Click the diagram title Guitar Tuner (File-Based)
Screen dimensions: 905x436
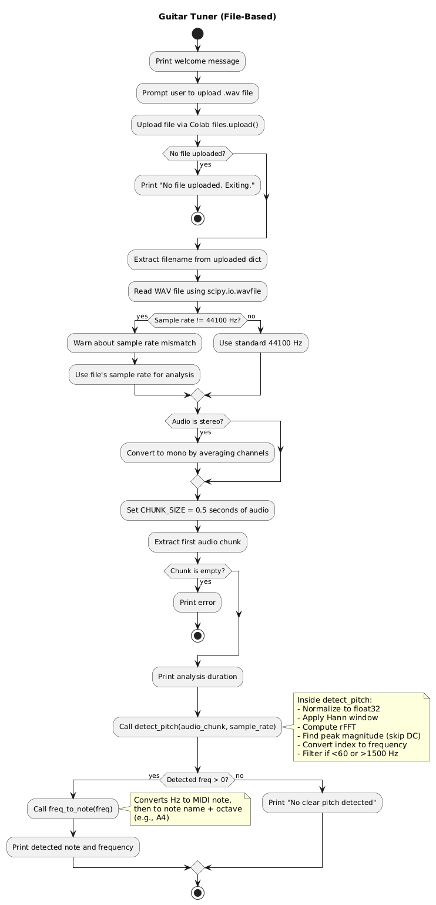tap(217, 16)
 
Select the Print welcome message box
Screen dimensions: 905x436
tap(197, 61)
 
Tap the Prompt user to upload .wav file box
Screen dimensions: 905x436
tap(197, 93)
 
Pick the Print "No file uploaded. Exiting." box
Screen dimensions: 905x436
tap(197, 185)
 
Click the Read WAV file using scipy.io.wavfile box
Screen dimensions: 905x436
tap(197, 291)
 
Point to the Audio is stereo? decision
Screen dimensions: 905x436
tap(197, 421)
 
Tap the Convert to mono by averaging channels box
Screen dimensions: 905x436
tap(197, 453)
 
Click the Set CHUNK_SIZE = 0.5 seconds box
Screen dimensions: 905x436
tap(197, 510)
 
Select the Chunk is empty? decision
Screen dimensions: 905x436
tap(197, 571)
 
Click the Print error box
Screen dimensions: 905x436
tap(197, 602)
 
